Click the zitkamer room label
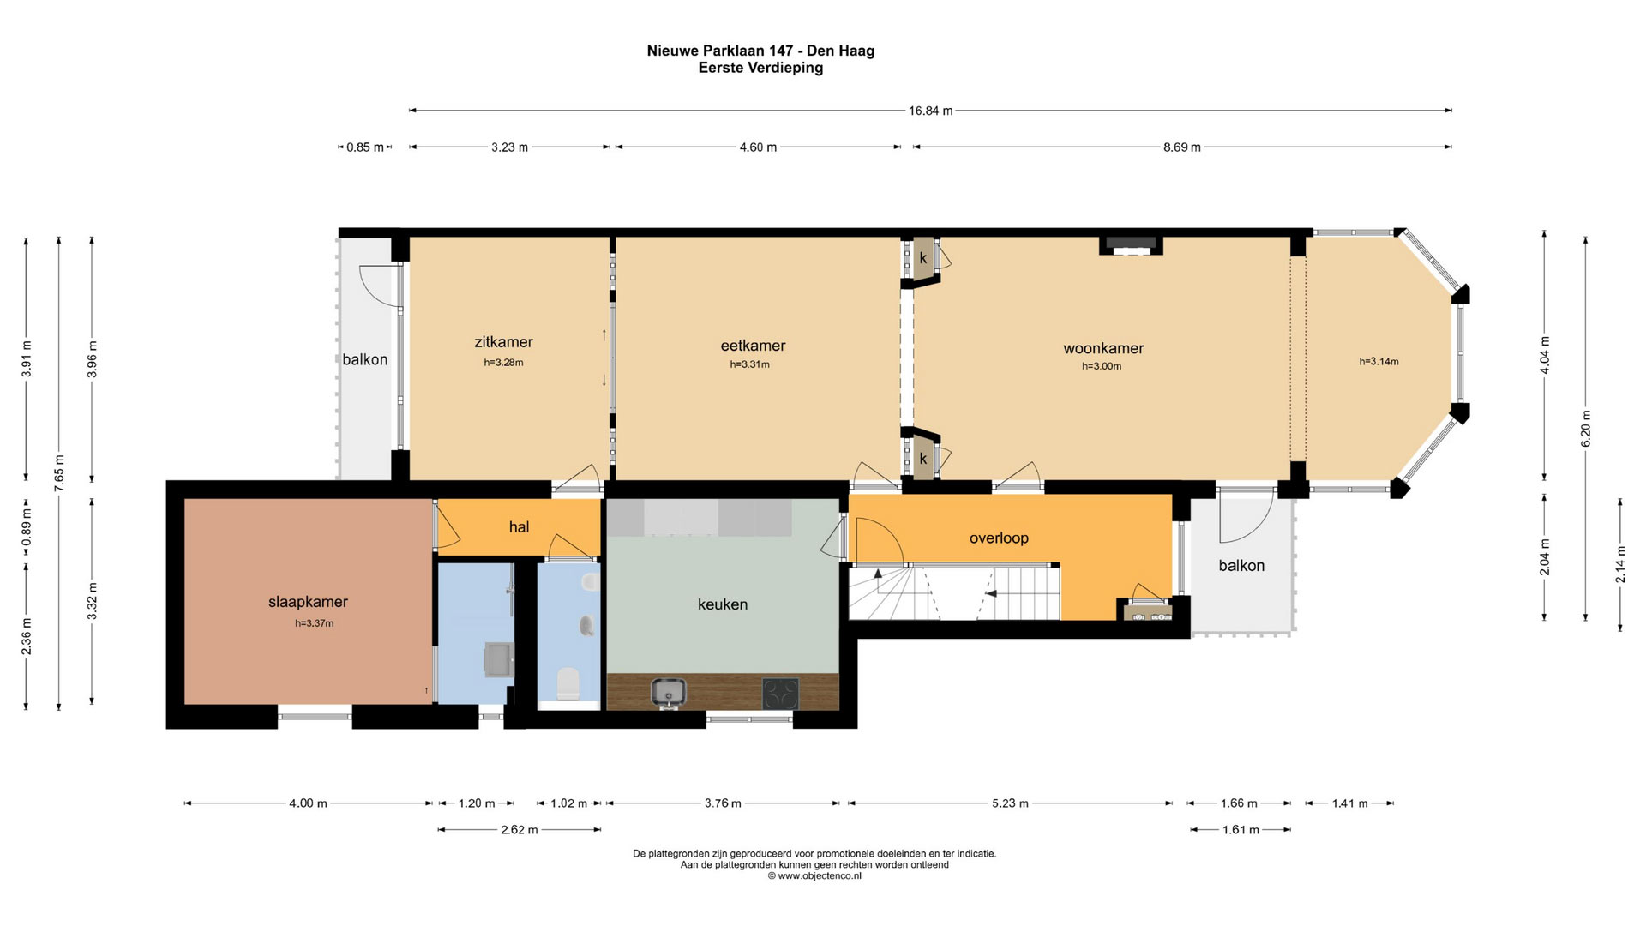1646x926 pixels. pyautogui.click(x=503, y=342)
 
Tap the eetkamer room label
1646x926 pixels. pyautogui.click(x=753, y=346)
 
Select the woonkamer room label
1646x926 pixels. pyautogui.click(x=1103, y=348)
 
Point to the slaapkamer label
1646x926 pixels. pyautogui.click(x=308, y=602)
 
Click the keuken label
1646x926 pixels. pyautogui.click(x=723, y=604)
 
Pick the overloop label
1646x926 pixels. pyautogui.click(x=999, y=538)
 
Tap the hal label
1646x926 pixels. pyautogui.click(x=519, y=527)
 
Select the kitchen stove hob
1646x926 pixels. pyautogui.click(x=780, y=694)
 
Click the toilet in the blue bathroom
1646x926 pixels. pyautogui.click(x=568, y=684)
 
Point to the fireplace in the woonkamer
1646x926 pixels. pyautogui.click(x=1131, y=245)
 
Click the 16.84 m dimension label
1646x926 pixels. pyautogui.click(x=930, y=111)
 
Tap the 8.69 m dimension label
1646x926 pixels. pyautogui.click(x=1181, y=147)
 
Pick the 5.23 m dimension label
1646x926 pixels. pyautogui.click(x=1010, y=803)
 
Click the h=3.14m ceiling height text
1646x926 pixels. pyautogui.click(x=1379, y=362)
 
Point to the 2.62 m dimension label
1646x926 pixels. pyautogui.click(x=519, y=830)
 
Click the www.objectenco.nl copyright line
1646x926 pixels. pyautogui.click(x=814, y=876)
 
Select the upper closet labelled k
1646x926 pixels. pyautogui.click(x=923, y=257)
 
